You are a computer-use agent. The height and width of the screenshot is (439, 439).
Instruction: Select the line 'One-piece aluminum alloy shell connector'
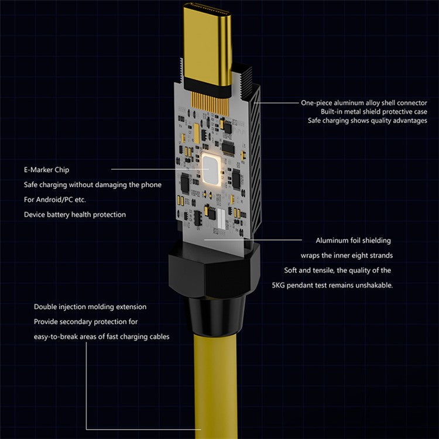(364, 102)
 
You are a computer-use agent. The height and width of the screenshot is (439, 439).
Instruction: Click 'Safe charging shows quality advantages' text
(368, 121)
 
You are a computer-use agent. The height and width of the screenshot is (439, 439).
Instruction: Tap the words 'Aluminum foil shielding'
(354, 240)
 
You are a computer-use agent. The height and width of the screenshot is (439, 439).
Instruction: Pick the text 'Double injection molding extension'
(90, 307)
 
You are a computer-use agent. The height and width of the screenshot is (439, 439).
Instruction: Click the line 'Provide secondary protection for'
(86, 322)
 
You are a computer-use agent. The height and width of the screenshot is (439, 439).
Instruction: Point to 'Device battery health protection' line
(75, 215)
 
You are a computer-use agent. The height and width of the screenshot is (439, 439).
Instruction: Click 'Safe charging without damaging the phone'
(92, 184)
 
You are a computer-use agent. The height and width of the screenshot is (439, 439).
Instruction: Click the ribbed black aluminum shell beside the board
(251, 152)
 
